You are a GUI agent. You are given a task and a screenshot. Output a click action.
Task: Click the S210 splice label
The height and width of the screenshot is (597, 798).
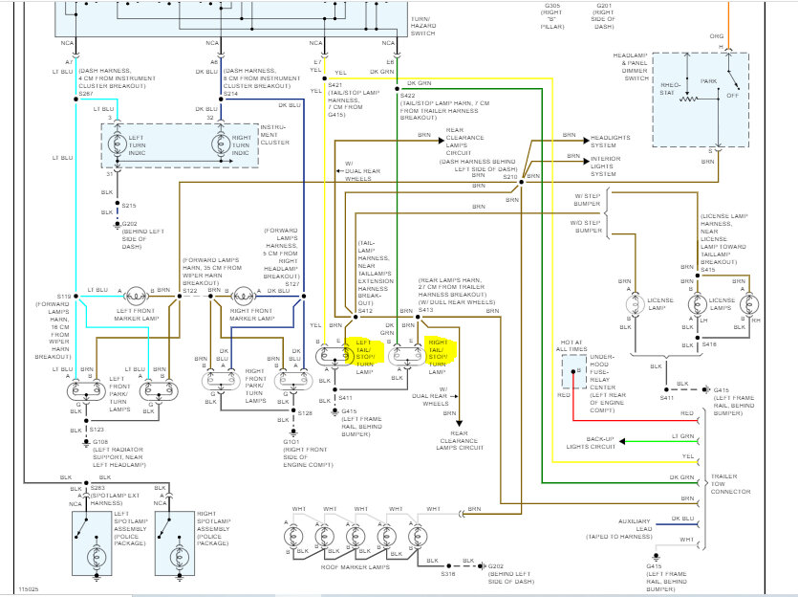(508, 177)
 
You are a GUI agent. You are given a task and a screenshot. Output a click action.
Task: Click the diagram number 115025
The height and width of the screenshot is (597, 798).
(30, 588)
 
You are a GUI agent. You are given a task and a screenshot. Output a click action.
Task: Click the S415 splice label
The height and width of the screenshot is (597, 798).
(707, 270)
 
